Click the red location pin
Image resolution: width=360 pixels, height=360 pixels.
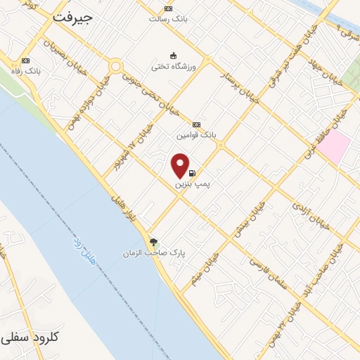click(x=181, y=165)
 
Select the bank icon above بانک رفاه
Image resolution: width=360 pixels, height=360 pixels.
click(x=26, y=60)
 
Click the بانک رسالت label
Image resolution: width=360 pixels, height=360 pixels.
click(x=168, y=18)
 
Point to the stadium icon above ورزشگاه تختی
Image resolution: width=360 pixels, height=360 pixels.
click(x=173, y=56)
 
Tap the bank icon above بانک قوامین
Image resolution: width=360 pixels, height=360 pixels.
click(x=196, y=124)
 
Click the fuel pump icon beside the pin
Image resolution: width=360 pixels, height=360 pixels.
click(x=193, y=172)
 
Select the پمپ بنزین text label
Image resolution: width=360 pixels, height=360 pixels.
click(x=197, y=183)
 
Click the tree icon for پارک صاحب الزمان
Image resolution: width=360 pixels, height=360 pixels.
click(x=154, y=241)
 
